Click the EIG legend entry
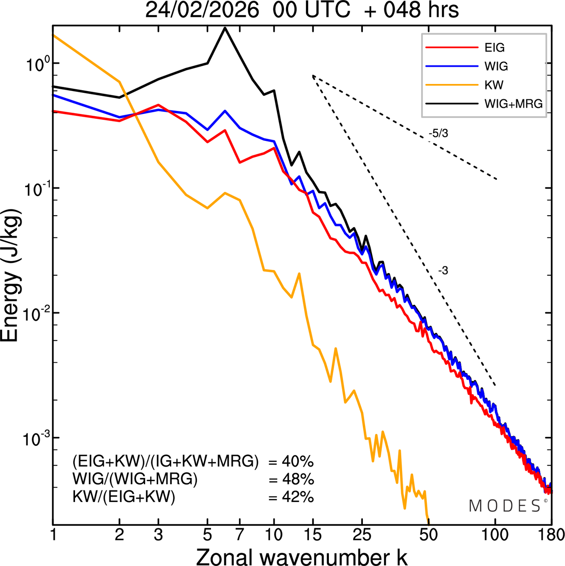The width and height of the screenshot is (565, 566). (494, 48)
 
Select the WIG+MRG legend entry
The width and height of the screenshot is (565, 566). (513, 104)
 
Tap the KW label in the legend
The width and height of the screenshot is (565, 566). (494, 85)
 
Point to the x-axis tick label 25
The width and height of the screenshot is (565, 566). (362, 535)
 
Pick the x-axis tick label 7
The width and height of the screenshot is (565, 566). (240, 535)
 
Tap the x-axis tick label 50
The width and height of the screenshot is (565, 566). (428, 535)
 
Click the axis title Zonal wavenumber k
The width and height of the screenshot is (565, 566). (301, 556)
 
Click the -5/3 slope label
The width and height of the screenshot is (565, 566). (438, 133)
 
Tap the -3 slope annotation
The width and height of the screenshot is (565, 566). (443, 271)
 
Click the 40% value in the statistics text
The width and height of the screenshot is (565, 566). (297, 462)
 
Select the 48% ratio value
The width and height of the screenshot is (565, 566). (297, 479)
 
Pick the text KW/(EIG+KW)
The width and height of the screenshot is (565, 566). (124, 497)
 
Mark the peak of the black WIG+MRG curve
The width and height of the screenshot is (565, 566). (225, 28)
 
